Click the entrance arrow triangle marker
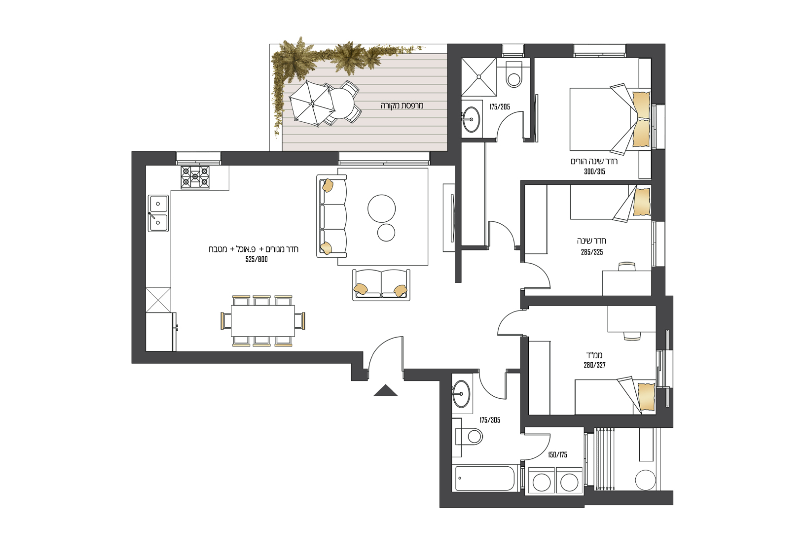point(386,391)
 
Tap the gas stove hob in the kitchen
point(195,177)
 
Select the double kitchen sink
point(158,213)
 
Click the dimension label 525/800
point(256,260)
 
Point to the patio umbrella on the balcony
point(312,103)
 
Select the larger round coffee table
point(382,208)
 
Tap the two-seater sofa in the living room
point(381,285)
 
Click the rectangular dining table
point(263,320)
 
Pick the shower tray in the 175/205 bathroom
point(478,77)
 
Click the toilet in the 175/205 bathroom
point(513,75)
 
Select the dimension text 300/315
point(594,172)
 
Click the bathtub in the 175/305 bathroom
point(485,478)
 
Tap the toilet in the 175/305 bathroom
point(470,436)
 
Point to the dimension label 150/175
point(557,455)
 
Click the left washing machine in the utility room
point(542,480)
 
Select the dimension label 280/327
point(594,365)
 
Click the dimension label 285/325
point(592,252)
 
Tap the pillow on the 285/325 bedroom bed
point(641,202)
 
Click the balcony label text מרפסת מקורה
point(402,105)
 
